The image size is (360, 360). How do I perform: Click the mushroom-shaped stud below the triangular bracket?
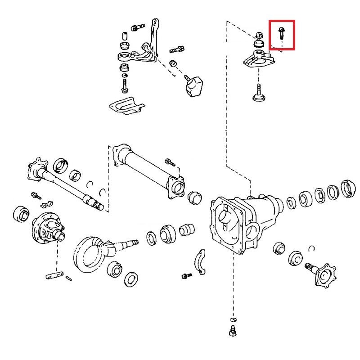pos(260,93)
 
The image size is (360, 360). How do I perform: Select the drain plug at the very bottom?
pos(233,331)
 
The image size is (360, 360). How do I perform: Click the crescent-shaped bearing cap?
pos(200,264)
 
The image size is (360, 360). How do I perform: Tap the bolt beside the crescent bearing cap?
pos(185,275)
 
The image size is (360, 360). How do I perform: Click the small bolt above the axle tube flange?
pos(170,161)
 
